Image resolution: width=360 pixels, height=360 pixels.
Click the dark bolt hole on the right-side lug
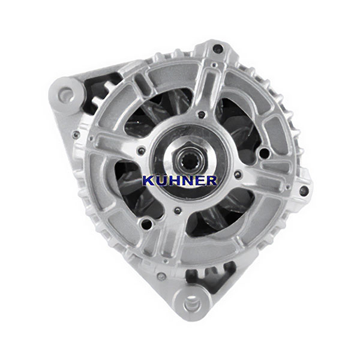pyautogui.click(x=304, y=190)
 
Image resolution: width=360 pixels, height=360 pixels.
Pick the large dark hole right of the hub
pyautogui.click(x=264, y=152)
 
